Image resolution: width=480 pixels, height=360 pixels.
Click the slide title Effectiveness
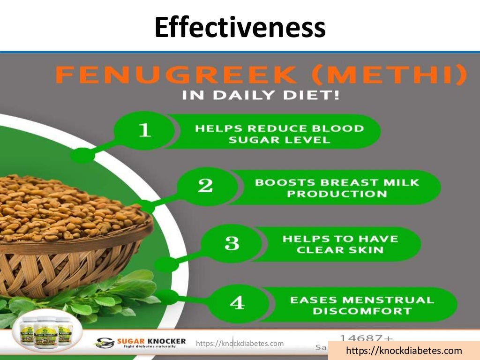(240, 27)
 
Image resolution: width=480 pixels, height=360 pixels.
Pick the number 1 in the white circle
(145, 130)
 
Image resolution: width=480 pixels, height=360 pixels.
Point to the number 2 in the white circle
(205, 186)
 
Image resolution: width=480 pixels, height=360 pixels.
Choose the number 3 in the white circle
(232, 244)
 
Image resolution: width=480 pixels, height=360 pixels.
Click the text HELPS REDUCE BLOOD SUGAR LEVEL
(279, 134)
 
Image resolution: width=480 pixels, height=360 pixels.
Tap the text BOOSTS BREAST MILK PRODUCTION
(337, 188)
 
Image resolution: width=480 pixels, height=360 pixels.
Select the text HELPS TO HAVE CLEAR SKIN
(340, 244)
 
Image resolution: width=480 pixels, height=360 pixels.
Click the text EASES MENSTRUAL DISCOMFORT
(362, 305)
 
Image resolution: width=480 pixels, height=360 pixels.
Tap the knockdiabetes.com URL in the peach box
(404, 351)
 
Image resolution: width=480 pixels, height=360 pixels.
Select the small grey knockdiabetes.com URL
(240, 344)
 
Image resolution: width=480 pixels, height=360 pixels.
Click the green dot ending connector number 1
(82, 155)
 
